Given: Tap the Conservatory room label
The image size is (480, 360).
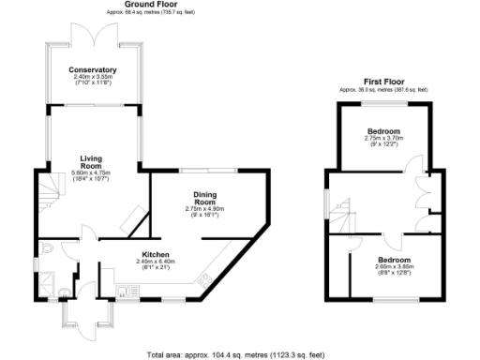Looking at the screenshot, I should click(92, 69).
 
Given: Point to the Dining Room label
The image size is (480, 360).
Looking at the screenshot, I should click(205, 199).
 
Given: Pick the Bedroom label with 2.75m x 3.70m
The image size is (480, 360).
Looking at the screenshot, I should click(383, 130).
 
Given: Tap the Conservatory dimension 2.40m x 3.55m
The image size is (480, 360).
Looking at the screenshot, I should click(92, 78).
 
